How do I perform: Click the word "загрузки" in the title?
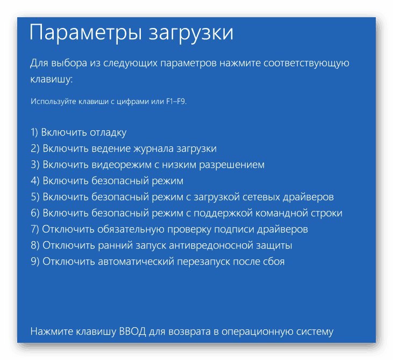click(x=185, y=33)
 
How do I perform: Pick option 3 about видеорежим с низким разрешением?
click(x=147, y=165)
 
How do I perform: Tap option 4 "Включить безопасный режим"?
click(x=107, y=181)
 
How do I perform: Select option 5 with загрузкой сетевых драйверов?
click(x=182, y=197)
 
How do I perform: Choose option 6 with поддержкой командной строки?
click(x=187, y=213)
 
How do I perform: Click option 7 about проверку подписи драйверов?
click(x=169, y=229)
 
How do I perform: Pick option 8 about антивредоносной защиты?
click(x=161, y=245)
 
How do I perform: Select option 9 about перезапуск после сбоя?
click(x=158, y=262)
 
